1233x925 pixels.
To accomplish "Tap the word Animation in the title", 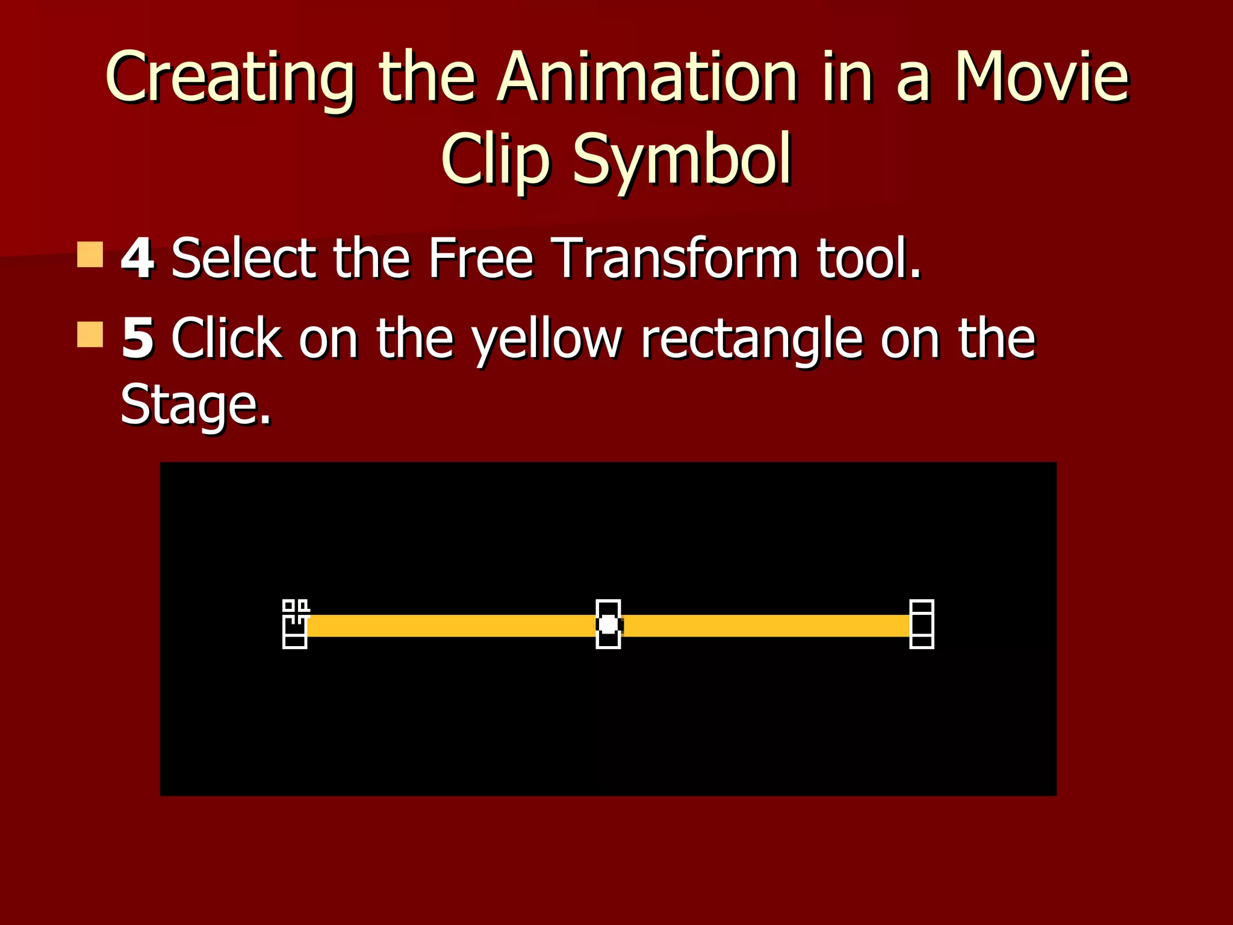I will pos(647,77).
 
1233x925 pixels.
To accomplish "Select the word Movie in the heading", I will pos(1042,77).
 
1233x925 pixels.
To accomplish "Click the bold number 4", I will pos(137,258).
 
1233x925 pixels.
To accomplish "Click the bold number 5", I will pos(137,338).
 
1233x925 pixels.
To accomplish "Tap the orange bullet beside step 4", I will pos(90,254).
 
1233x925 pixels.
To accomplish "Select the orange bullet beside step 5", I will pos(90,334).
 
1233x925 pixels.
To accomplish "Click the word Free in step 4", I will pos(480,258).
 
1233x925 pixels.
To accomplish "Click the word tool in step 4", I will pos(867,258).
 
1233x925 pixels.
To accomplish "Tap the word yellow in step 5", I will pos(546,338).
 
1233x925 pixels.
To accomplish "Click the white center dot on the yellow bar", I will pos(608,624).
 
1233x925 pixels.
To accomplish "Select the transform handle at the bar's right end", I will pos(921,624).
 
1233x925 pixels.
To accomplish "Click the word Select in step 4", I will pos(244,258).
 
